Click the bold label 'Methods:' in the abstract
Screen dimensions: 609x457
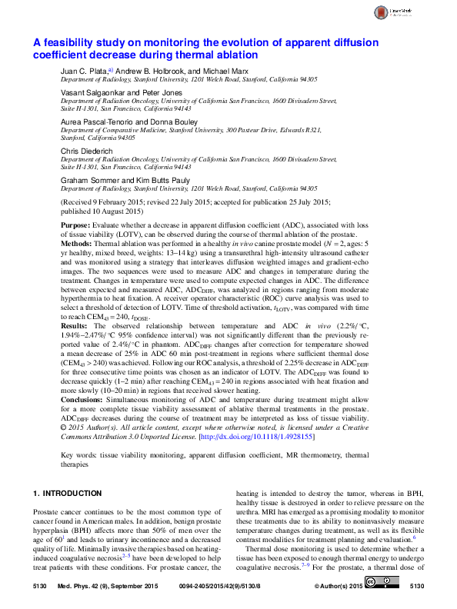point(78,241)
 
